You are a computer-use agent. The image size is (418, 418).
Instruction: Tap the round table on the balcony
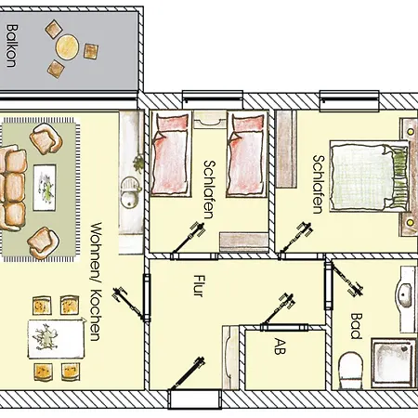click(x=66, y=46)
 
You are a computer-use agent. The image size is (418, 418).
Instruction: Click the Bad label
click(x=357, y=325)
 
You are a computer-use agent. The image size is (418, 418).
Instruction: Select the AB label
click(x=279, y=348)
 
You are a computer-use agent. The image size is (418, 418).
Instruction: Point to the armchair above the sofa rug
click(x=44, y=140)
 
